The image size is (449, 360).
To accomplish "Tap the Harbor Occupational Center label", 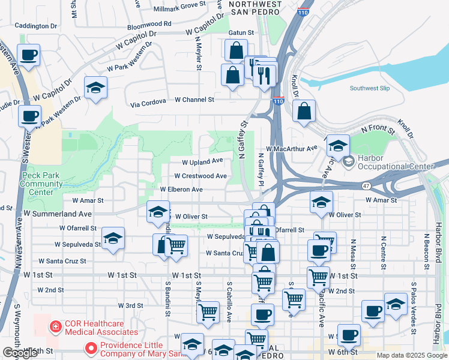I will pyautogui.click(x=395, y=162).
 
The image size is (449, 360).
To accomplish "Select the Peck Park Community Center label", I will pyautogui.click(x=41, y=184).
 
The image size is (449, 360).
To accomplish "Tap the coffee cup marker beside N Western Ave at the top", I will pyautogui.click(x=29, y=56).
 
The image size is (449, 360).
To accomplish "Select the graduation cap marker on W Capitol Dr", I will pyautogui.click(x=96, y=88).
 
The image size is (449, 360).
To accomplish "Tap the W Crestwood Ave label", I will pyautogui.click(x=200, y=176).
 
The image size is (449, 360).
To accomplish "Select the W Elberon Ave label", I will pyautogui.click(x=181, y=189).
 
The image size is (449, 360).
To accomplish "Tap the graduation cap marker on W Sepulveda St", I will pyautogui.click(x=113, y=238).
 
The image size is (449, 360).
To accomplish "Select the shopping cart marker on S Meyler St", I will pyautogui.click(x=207, y=311).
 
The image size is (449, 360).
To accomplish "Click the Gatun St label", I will pyautogui.click(x=241, y=32).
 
